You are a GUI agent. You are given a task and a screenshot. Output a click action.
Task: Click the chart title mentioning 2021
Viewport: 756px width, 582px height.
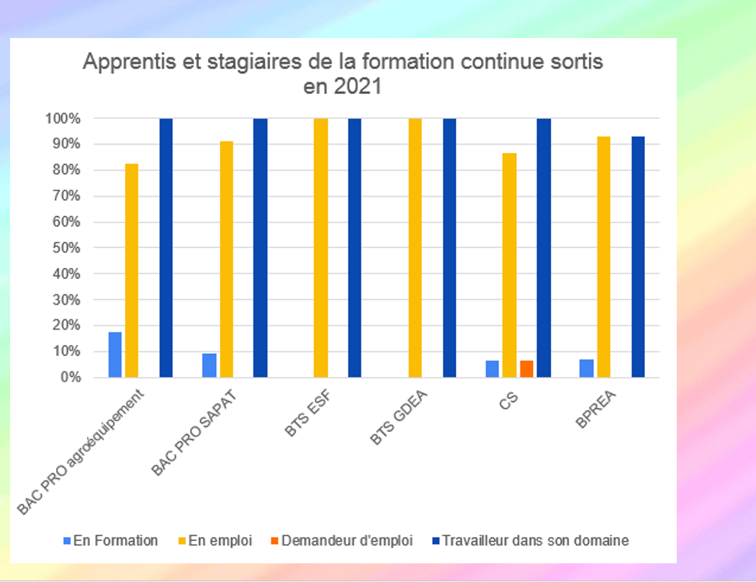343,74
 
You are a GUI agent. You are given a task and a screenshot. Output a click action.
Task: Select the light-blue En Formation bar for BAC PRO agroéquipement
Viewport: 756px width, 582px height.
115,354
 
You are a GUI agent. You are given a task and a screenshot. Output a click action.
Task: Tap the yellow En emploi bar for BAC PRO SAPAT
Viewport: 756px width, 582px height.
226,260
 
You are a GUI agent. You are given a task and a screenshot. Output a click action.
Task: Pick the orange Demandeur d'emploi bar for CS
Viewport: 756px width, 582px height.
527,369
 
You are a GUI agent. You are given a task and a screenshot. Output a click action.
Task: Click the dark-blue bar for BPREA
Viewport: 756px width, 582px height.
638,257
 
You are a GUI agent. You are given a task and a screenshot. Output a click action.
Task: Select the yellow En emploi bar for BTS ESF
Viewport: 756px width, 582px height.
321,248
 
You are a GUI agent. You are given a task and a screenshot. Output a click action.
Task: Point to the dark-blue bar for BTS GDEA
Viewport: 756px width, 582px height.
449,248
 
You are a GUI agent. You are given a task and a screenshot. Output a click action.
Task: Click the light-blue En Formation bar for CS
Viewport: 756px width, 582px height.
493,369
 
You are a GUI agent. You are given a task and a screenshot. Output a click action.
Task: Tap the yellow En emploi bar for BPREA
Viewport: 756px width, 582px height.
604,257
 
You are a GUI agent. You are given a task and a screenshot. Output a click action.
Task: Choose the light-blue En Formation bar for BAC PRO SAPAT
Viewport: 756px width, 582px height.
209,365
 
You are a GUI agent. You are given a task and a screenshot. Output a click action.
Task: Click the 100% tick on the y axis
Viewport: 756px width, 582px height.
67,119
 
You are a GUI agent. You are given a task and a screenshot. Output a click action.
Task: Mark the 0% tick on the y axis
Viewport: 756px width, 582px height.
72,378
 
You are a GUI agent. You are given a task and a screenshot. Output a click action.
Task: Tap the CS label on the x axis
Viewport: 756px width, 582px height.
509,401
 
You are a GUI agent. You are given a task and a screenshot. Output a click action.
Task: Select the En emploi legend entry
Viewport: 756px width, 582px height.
225,541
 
